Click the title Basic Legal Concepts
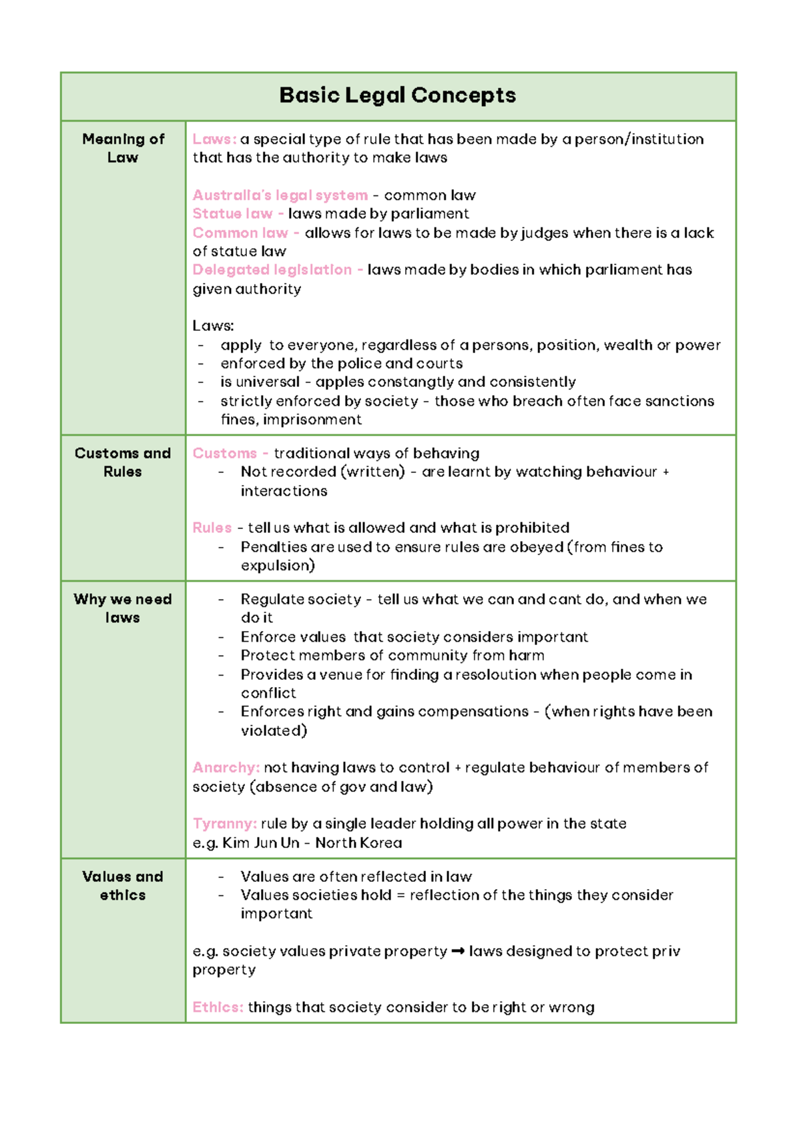click(x=397, y=95)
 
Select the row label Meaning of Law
click(x=123, y=148)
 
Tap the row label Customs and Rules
click(x=123, y=462)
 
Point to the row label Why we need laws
click(x=123, y=608)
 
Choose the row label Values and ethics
click(x=123, y=886)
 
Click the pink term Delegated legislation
click(x=272, y=270)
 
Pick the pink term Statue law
click(x=232, y=214)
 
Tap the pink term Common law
click(x=240, y=233)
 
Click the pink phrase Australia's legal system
click(x=280, y=195)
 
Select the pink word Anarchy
click(x=226, y=768)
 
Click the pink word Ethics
click(x=218, y=1007)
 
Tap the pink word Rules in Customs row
click(x=212, y=528)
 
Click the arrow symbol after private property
click(x=458, y=951)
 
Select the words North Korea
click(x=358, y=842)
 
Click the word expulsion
click(x=277, y=566)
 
